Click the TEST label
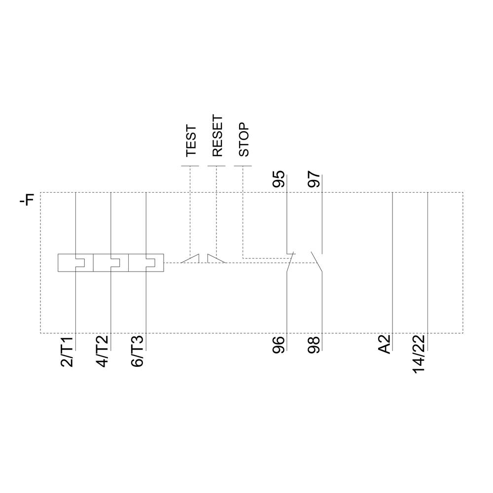[191, 141]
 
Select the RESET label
[217, 136]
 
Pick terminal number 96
[279, 345]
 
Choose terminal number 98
[314, 345]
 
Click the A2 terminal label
[385, 344]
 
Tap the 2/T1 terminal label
[68, 351]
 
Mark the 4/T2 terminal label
[103, 351]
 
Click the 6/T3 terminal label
[138, 351]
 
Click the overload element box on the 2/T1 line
[75, 262]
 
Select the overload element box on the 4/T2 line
[110, 262]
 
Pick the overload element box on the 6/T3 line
[146, 262]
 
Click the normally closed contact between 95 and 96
[290, 261]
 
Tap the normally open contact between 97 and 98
[317, 261]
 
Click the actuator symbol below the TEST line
[190, 259]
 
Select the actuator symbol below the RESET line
[216, 259]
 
